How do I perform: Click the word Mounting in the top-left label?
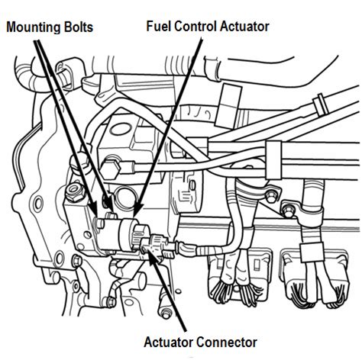pyautogui.click(x=33, y=27)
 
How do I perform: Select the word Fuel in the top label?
pyautogui.click(x=156, y=26)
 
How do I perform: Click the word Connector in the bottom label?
pyautogui.click(x=227, y=342)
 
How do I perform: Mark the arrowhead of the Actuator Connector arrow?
pyautogui.click(x=151, y=257)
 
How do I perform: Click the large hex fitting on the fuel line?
pyautogui.click(x=110, y=169)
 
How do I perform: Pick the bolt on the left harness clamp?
pyautogui.click(x=270, y=195)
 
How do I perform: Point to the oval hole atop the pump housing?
pyautogui.click(x=121, y=130)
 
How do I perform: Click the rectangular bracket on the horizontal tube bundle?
pyautogui.click(x=273, y=160)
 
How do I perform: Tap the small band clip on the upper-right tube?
pyautogui.click(x=321, y=104)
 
